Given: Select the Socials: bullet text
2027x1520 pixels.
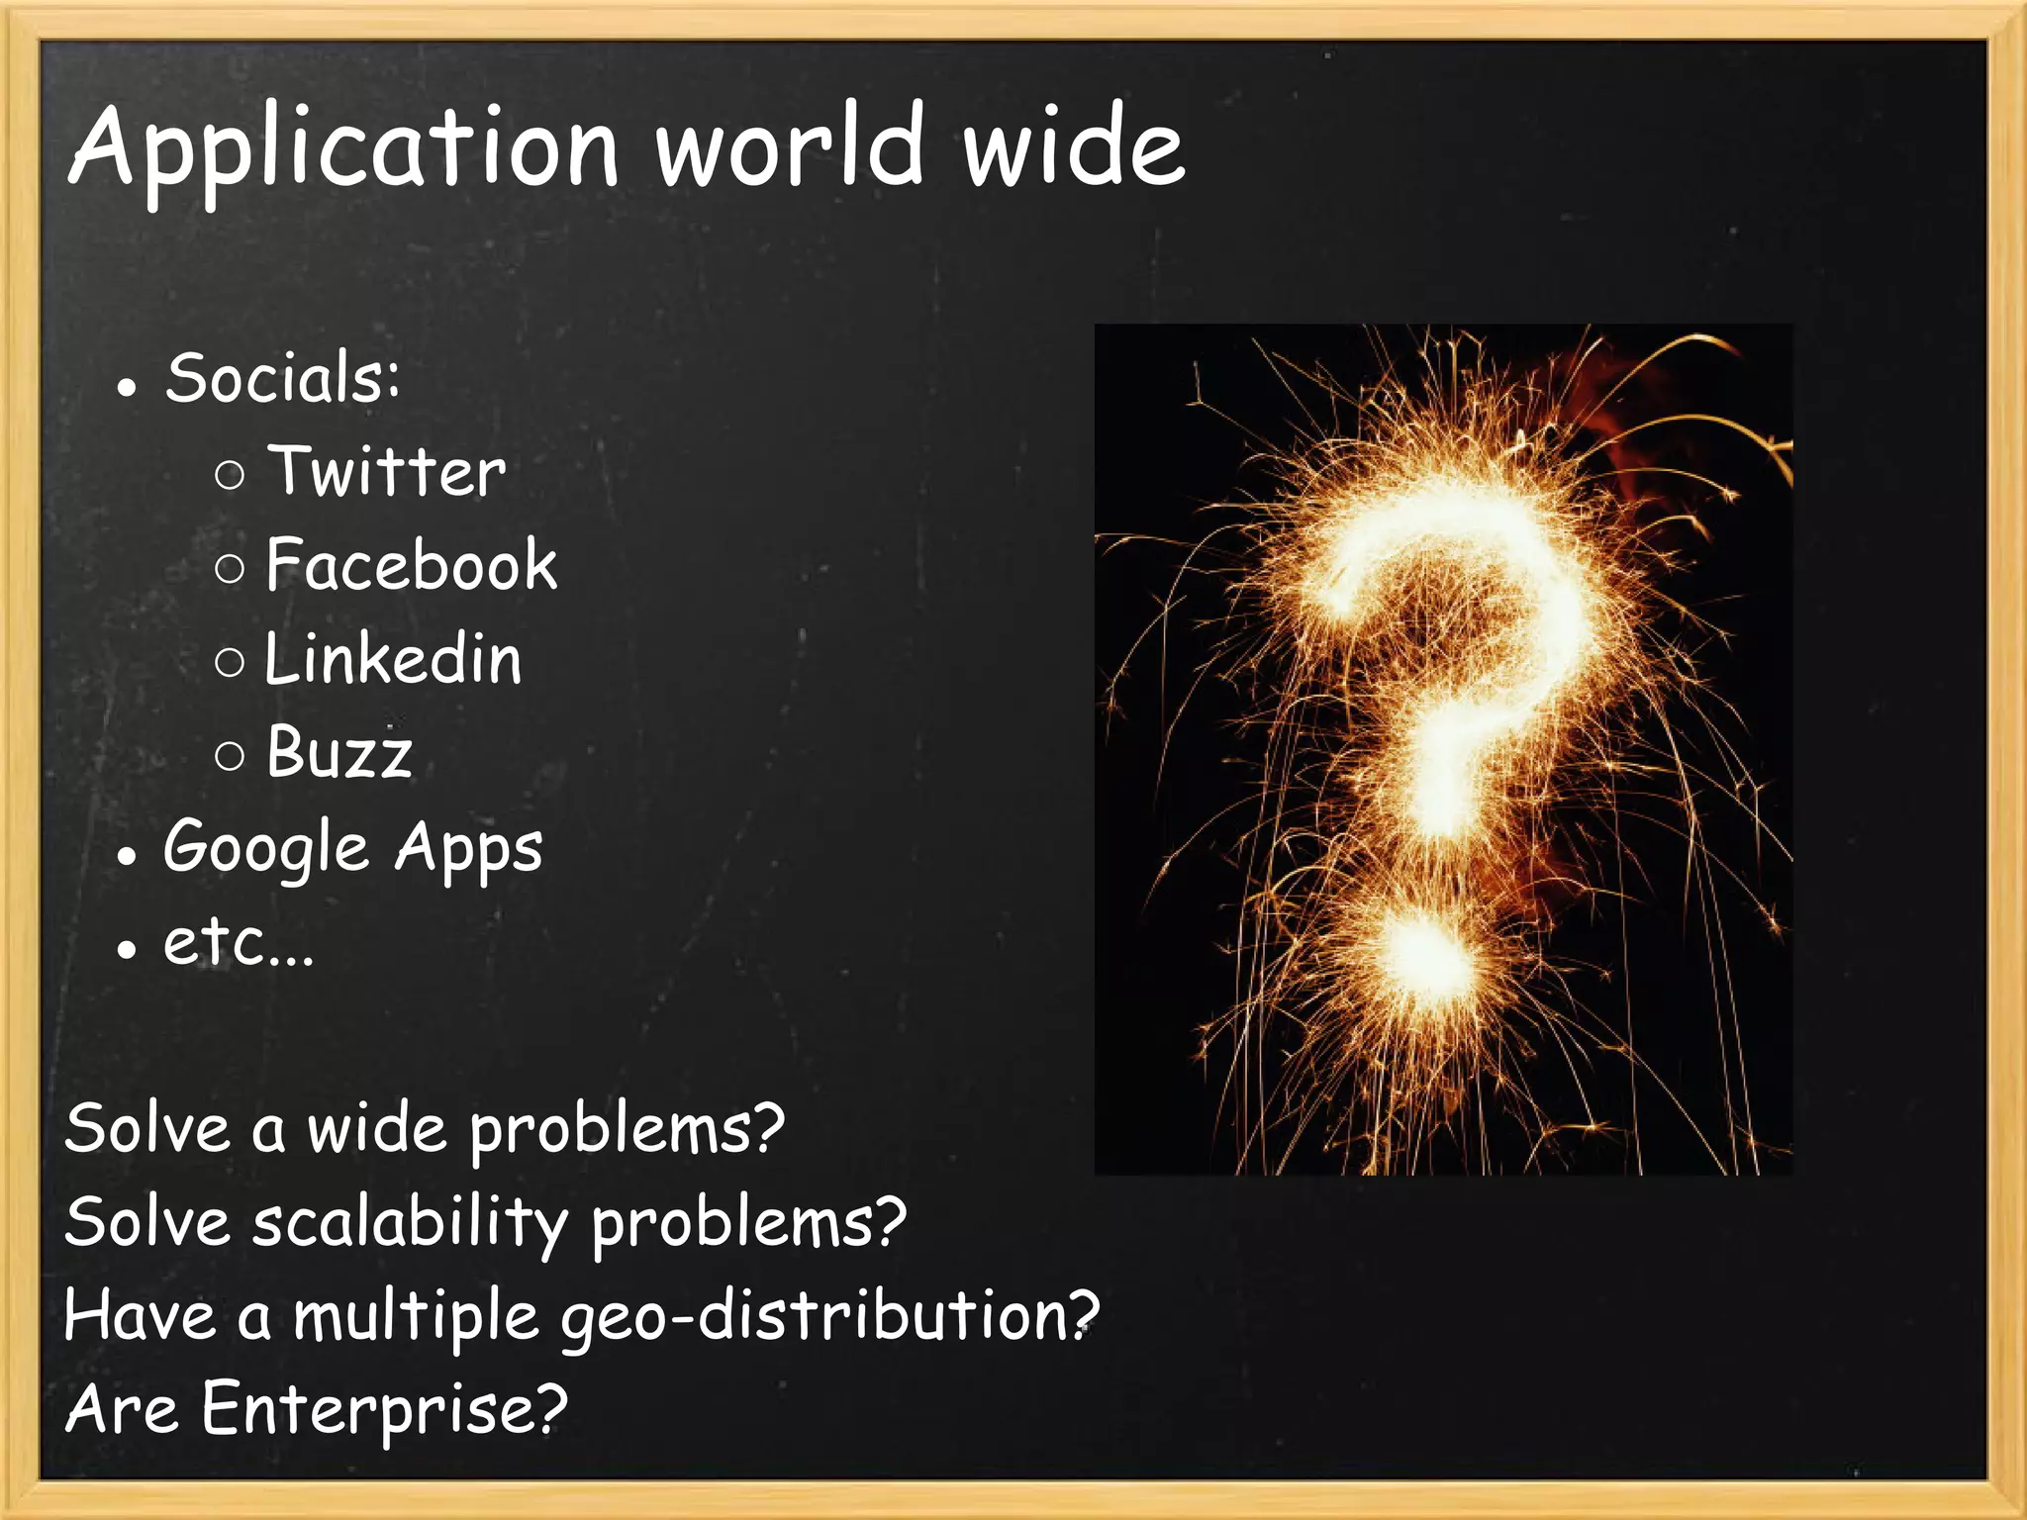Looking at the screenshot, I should [x=283, y=378].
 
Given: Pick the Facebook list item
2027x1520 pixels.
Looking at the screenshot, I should [x=412, y=565].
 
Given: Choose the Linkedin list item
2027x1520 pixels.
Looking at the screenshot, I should [x=393, y=659].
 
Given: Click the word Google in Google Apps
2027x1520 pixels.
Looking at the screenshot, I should [x=266, y=847].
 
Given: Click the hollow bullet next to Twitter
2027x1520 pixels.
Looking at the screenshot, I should [x=229, y=475].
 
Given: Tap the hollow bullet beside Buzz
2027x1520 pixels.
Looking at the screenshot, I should [x=229, y=757].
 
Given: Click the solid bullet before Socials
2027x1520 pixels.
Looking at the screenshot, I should [x=126, y=387].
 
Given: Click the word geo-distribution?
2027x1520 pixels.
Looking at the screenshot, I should [x=829, y=1317].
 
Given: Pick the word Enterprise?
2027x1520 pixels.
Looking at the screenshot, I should [x=384, y=1409].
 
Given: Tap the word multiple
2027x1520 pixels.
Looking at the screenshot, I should [x=417, y=1317].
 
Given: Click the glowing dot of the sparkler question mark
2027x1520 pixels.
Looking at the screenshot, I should [x=1425, y=952].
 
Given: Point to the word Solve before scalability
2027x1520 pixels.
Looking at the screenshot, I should [x=147, y=1222].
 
